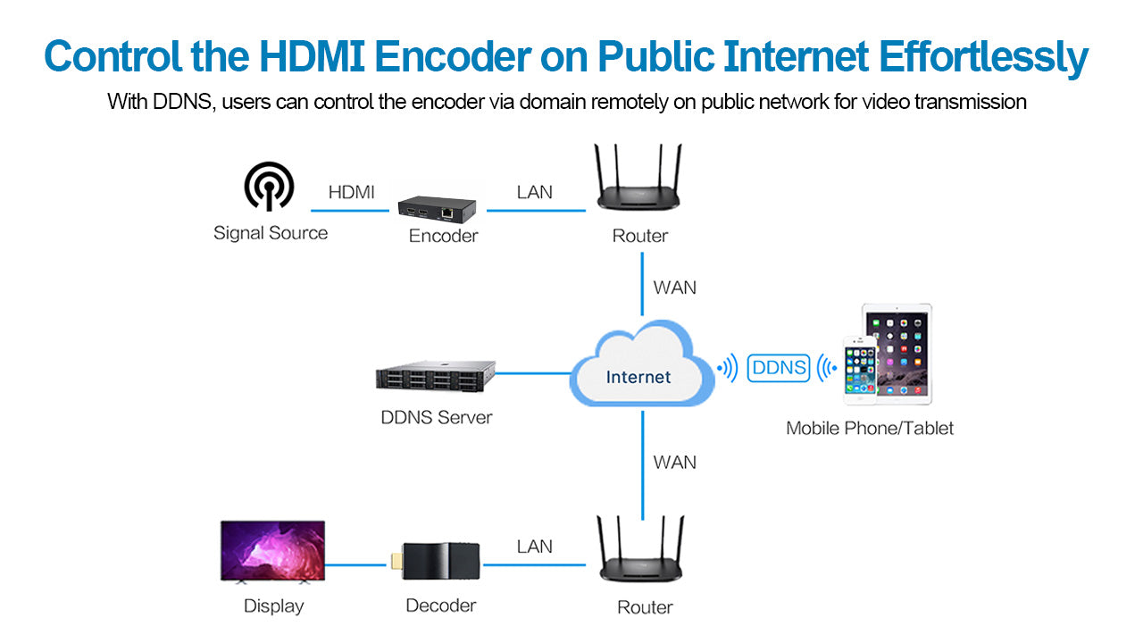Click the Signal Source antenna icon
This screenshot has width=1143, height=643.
(x=269, y=187)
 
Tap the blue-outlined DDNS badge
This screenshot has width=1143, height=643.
(x=779, y=367)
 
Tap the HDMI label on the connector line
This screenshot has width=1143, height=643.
(x=351, y=192)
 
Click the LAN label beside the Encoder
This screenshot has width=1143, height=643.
(x=534, y=192)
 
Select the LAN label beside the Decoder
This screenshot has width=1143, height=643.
(x=534, y=547)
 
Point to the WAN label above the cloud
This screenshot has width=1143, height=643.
(x=674, y=288)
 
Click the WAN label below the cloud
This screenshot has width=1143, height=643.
(x=674, y=463)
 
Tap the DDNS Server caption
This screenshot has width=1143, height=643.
(x=436, y=417)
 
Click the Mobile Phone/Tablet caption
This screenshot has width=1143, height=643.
(x=869, y=429)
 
